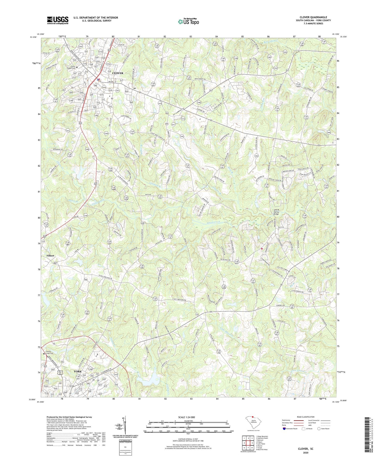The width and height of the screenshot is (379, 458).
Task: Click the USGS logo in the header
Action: point(57,20)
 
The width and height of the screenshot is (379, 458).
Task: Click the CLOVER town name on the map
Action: point(117,73)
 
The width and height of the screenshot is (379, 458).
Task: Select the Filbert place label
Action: point(50,256)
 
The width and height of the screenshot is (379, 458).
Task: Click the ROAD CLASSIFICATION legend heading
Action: point(306,417)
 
